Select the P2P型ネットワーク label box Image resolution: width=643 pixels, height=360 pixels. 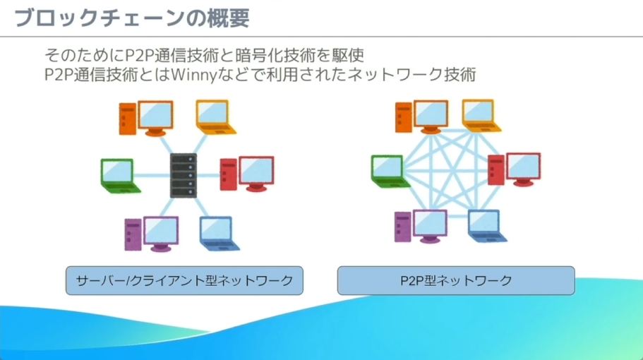pyautogui.click(x=456, y=280)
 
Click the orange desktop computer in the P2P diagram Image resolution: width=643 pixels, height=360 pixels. pyautogui.click(x=421, y=116)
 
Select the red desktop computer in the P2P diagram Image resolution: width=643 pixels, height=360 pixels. pyautogui.click(x=515, y=169)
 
